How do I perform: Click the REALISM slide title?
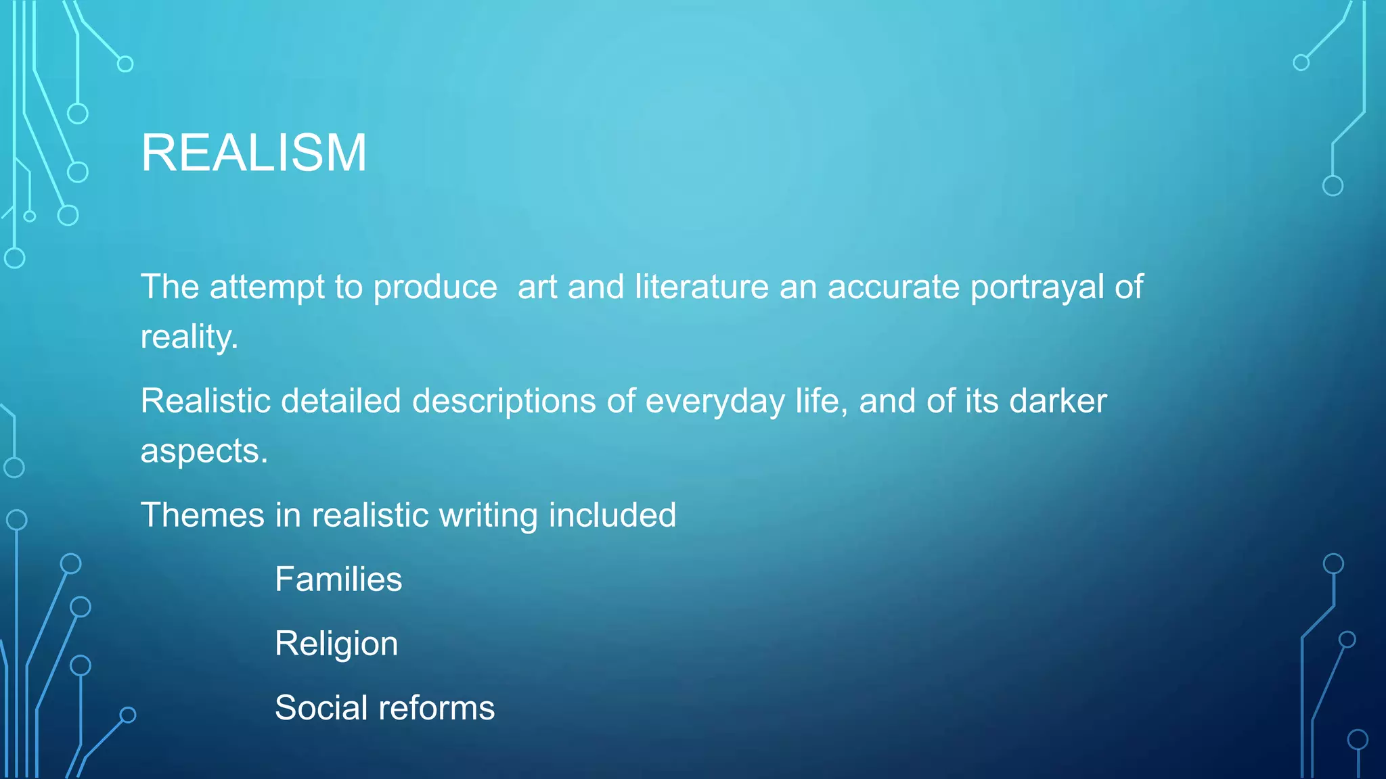tap(254, 153)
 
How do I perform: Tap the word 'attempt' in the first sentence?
tap(267, 287)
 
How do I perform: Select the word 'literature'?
tap(702, 287)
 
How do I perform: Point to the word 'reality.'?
tap(189, 337)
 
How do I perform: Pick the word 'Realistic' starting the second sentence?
tap(206, 401)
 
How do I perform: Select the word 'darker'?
tap(1058, 401)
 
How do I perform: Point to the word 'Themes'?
tap(202, 515)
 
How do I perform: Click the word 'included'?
tap(612, 515)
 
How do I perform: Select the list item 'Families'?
tap(338, 580)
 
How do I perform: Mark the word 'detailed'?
tap(341, 401)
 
